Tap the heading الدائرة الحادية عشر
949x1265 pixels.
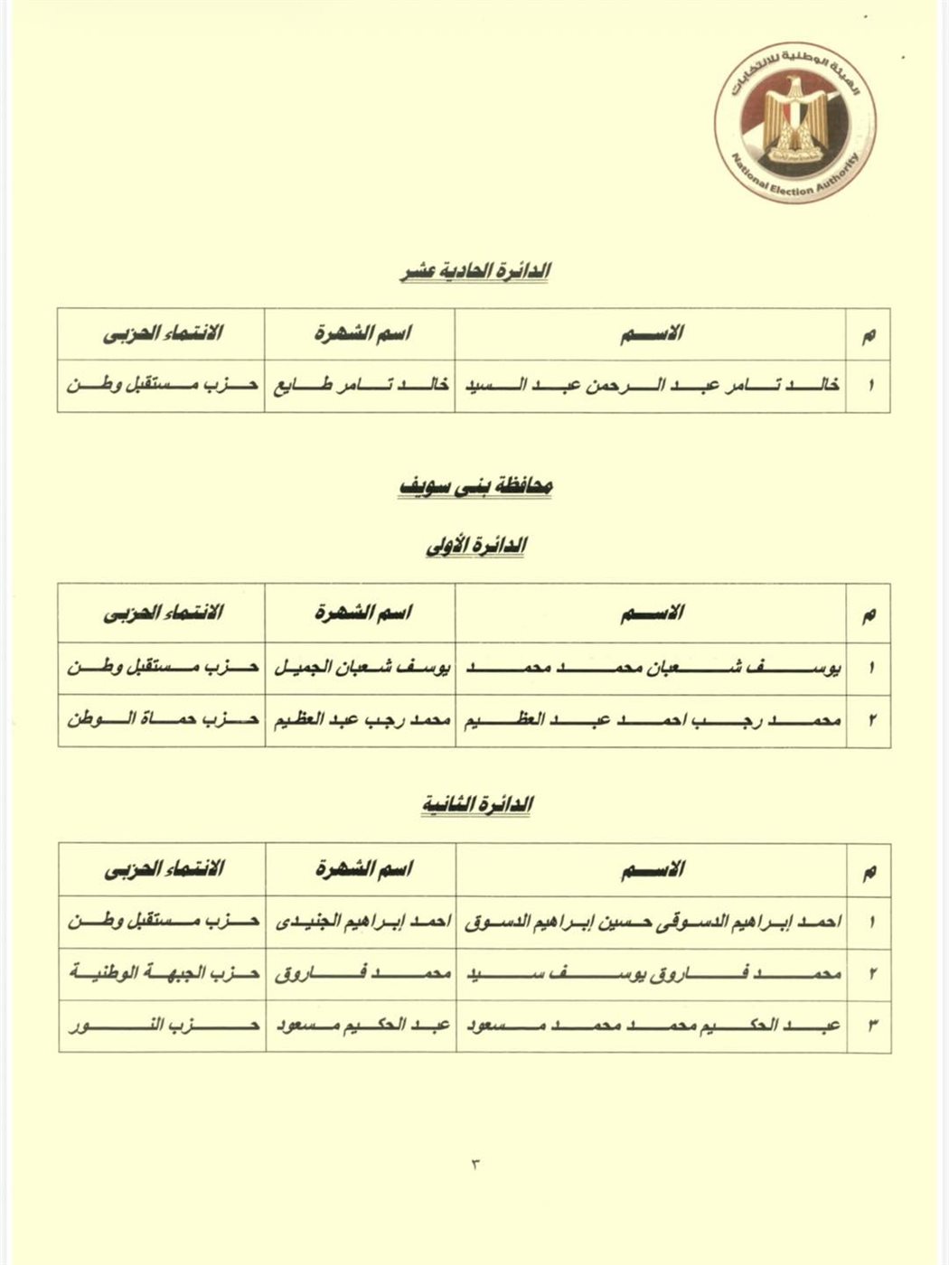pyautogui.click(x=476, y=270)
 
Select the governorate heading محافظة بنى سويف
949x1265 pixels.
pyautogui.click(x=476, y=486)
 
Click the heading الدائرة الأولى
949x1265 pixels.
pyautogui.click(x=476, y=546)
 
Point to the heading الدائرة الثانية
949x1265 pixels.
pyautogui.click(x=476, y=804)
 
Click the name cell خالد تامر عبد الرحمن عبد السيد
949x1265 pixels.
pyautogui.click(x=651, y=386)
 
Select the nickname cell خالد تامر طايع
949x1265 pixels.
pyautogui.click(x=360, y=386)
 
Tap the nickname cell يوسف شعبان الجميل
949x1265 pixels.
pyautogui.click(x=360, y=669)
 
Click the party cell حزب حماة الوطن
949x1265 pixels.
pyautogui.click(x=163, y=720)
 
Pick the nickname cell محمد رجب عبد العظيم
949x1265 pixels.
pyautogui.click(x=360, y=720)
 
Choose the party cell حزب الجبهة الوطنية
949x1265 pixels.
pyautogui.click(x=163, y=974)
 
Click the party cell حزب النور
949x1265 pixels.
pyautogui.click(x=163, y=1026)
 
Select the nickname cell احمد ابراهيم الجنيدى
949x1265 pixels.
pyautogui.click(x=360, y=923)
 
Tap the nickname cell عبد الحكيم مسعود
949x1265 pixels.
pyautogui.click(x=360, y=1026)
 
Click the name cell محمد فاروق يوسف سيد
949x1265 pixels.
pyautogui.click(x=651, y=974)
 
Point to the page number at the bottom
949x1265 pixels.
pyautogui.click(x=475, y=1161)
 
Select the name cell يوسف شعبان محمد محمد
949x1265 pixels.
pyautogui.click(x=651, y=669)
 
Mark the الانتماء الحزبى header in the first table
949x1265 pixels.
pyautogui.click(x=163, y=333)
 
